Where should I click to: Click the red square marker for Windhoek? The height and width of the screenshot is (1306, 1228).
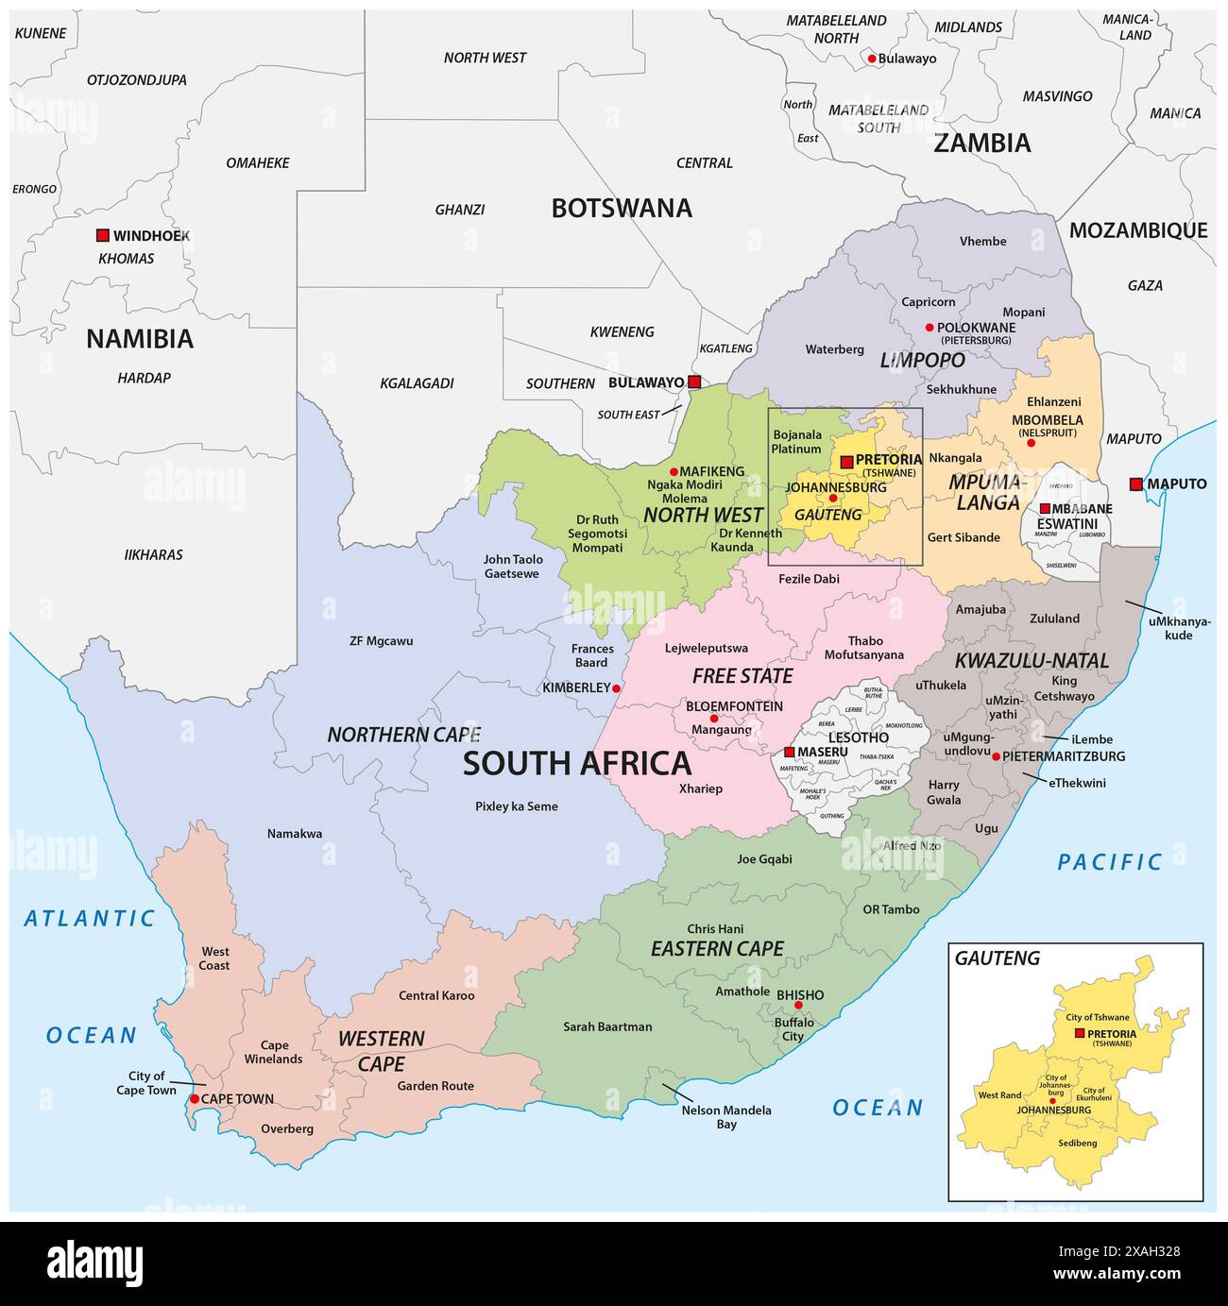click(x=102, y=235)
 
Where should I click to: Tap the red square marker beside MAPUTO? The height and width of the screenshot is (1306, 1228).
click(x=1135, y=484)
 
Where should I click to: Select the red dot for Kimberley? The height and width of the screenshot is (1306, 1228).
click(x=616, y=688)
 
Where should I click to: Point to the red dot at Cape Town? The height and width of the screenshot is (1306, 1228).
click(x=195, y=1099)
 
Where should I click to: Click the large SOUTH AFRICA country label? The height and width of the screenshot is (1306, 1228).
click(x=576, y=763)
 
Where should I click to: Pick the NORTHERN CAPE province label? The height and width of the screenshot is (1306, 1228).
click(x=403, y=734)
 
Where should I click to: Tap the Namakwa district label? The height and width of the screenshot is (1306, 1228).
click(x=294, y=834)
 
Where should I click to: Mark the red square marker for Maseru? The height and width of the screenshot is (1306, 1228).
click(x=789, y=753)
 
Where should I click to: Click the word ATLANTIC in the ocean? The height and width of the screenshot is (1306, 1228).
click(x=90, y=917)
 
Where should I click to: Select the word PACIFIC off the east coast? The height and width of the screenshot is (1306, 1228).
click(x=1110, y=861)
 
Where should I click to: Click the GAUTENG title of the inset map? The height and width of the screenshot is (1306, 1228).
click(x=997, y=958)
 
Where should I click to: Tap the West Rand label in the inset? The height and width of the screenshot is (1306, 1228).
click(x=999, y=1095)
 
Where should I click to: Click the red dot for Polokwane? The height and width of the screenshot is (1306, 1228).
click(x=930, y=328)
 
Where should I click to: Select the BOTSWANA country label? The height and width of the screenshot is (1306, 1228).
click(x=622, y=208)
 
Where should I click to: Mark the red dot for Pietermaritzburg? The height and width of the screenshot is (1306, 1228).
click(x=996, y=756)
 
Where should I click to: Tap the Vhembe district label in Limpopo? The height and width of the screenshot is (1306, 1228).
click(x=982, y=241)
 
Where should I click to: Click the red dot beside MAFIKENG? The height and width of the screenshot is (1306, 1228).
click(x=674, y=471)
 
